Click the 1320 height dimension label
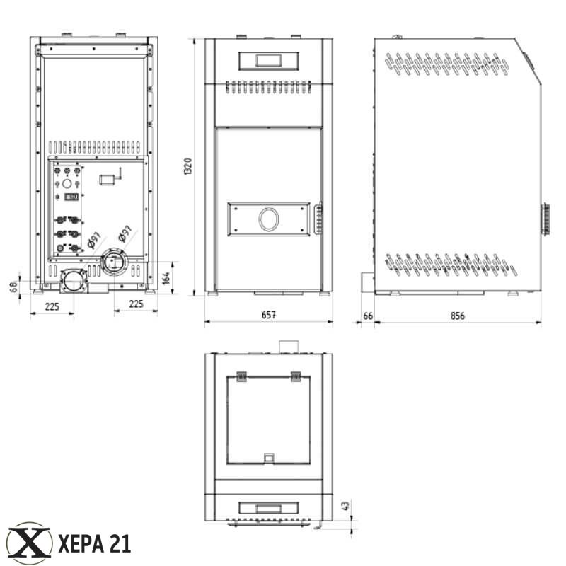(188, 166)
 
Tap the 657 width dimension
(269, 315)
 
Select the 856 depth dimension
(457, 316)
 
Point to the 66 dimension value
(368, 316)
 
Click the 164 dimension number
(166, 278)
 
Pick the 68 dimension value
(13, 287)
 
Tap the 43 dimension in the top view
(345, 505)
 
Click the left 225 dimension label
(52, 307)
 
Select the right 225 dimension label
(136, 304)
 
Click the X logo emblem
(29, 543)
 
